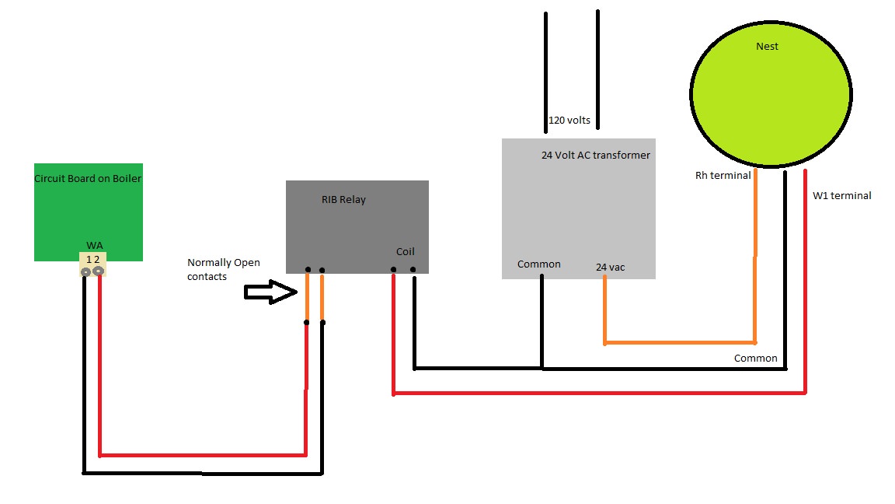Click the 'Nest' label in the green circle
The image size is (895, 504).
[x=767, y=47]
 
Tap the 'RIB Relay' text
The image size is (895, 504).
[x=343, y=200]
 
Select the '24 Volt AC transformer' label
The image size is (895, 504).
[x=595, y=156]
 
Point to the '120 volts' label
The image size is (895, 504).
[x=569, y=121]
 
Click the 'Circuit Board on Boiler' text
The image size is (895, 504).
[x=88, y=179]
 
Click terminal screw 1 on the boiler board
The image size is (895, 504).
[x=85, y=271]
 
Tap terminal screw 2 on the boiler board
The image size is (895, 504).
[x=99, y=271]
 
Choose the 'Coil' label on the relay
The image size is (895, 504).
[x=405, y=252]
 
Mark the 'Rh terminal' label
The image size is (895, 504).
[x=723, y=176]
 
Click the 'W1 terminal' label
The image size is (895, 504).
[x=841, y=196]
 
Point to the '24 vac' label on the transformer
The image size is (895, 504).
[x=610, y=268]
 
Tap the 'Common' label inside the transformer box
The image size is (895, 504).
[x=538, y=264]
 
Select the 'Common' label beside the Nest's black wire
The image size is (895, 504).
[x=755, y=359]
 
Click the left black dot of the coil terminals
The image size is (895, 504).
[x=393, y=270]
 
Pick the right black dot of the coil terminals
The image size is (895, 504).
[x=413, y=270]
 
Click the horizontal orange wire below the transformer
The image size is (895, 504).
[x=680, y=342]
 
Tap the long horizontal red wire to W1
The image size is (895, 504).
[x=598, y=394]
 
